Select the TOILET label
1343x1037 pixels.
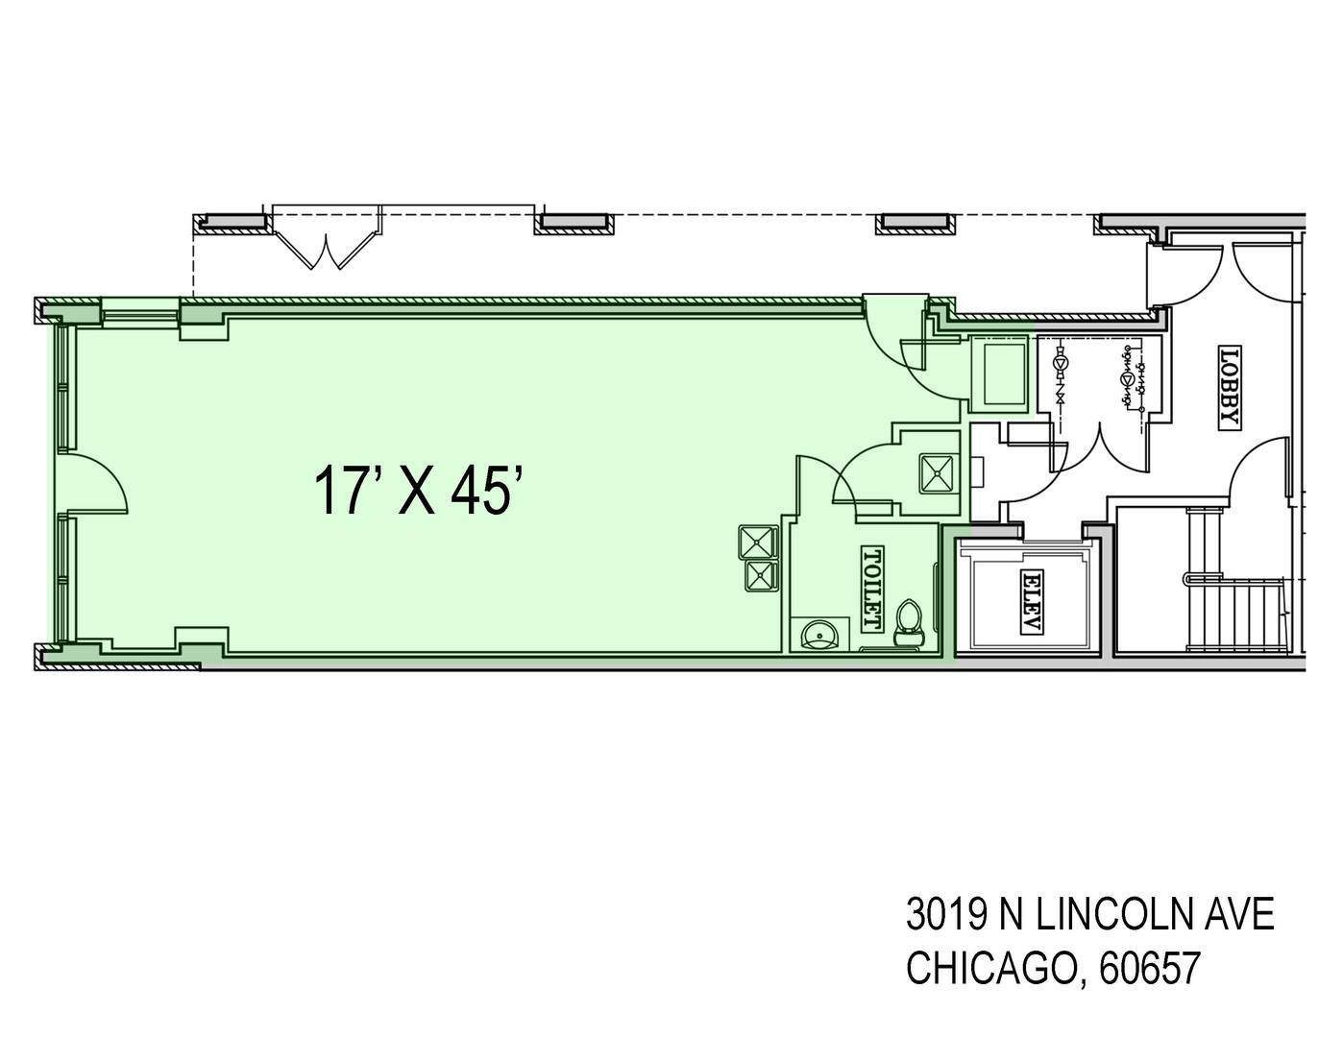pyautogui.click(x=871, y=589)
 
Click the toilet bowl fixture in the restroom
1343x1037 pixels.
pyautogui.click(x=909, y=623)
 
